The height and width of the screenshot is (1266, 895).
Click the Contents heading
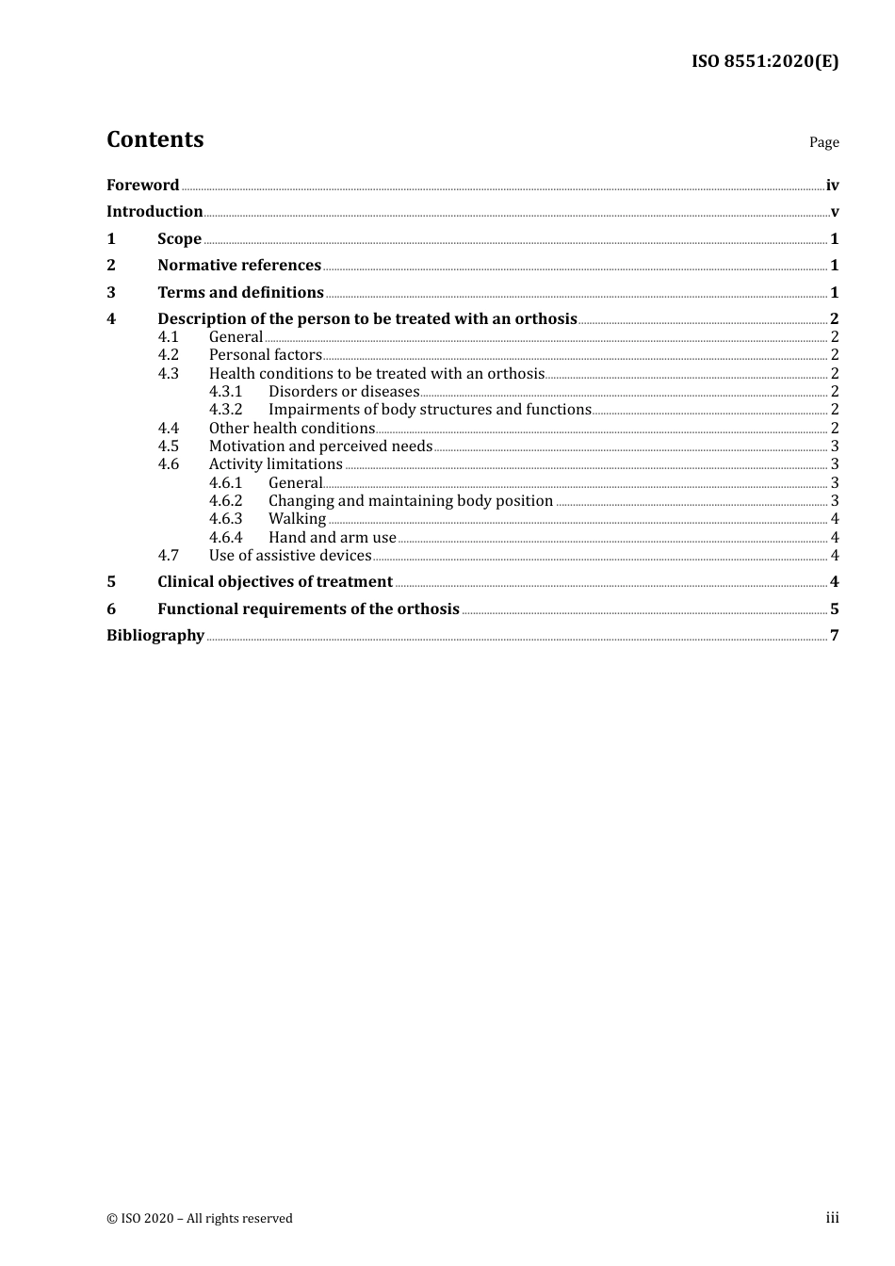[x=155, y=139]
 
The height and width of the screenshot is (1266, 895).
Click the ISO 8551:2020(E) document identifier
[x=765, y=62]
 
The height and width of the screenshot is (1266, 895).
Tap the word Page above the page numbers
[x=823, y=142]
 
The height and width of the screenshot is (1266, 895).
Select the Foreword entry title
[x=142, y=185]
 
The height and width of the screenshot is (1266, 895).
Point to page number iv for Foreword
[x=832, y=185]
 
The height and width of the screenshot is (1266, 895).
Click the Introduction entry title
[x=155, y=211]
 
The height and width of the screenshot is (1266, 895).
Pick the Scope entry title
[x=179, y=238]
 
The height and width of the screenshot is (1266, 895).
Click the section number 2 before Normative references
[x=111, y=265]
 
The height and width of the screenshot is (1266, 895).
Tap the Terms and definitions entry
[x=240, y=292]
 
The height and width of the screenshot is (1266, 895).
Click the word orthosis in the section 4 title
[x=545, y=318]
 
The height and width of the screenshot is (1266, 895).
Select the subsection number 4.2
[x=168, y=355]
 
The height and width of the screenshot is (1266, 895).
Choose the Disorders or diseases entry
[x=344, y=391]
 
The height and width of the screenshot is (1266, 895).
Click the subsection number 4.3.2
[x=225, y=409]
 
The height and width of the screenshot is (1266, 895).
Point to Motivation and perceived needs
[x=320, y=446]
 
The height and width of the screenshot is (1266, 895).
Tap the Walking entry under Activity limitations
[x=297, y=519]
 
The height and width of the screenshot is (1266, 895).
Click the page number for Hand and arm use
[x=835, y=538]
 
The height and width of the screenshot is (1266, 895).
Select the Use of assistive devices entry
[x=290, y=556]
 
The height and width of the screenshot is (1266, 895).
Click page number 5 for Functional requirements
[x=835, y=609]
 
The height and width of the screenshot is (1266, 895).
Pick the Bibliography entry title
[x=155, y=635]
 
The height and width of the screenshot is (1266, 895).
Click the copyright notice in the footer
[x=200, y=1218]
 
